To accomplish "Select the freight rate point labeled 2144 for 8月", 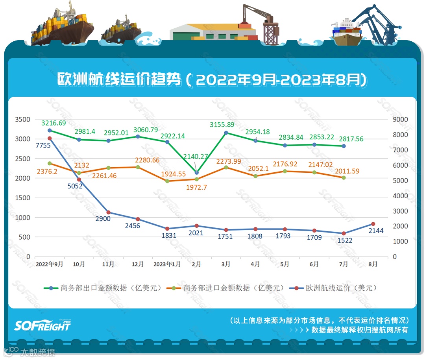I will click(x=373, y=224).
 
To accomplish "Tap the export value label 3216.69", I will click(x=54, y=123).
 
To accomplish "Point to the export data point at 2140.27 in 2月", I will click(x=197, y=173).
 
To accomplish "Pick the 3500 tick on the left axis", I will click(x=22, y=119).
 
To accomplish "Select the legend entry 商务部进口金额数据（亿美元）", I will click(x=226, y=288).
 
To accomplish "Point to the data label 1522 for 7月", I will click(x=344, y=240).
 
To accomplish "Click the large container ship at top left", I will click(x=63, y=26).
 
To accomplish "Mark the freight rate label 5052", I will click(x=75, y=186).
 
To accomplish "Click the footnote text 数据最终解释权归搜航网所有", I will click(x=360, y=330).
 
